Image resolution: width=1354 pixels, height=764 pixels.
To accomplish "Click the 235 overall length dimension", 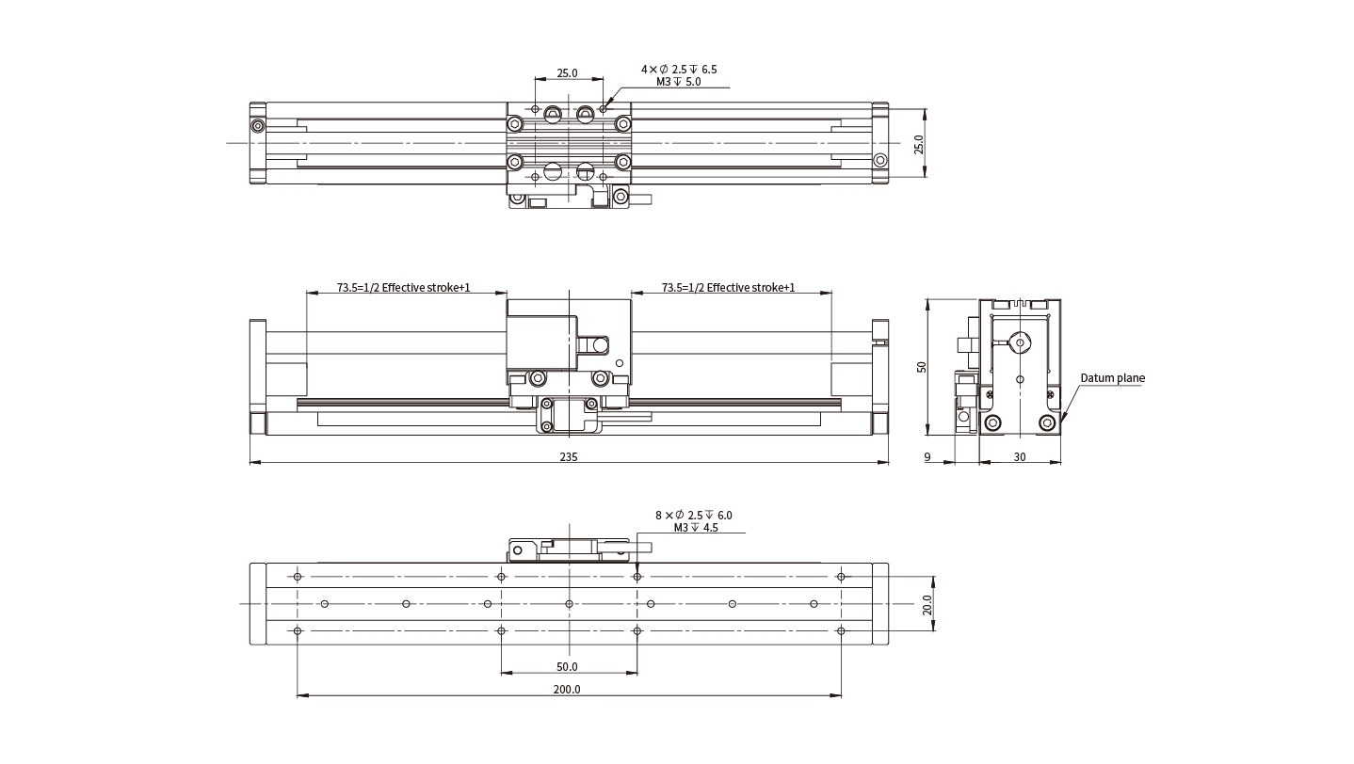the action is coord(568,456).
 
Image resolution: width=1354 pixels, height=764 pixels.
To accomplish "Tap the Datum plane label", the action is coord(1112,378).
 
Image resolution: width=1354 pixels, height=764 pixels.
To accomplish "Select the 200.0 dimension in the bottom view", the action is coord(567,689).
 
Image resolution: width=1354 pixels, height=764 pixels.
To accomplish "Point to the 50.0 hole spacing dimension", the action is coord(567,667).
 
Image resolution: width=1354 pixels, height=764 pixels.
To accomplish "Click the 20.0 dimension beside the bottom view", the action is coord(927,604).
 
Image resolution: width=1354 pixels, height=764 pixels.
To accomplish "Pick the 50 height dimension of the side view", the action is coord(921,367).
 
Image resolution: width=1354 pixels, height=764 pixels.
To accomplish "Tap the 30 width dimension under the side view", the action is coord(1020,457).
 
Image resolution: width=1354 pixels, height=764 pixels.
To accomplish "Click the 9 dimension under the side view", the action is coord(927,457).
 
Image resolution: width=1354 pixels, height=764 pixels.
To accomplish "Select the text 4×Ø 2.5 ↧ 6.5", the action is coord(679,70).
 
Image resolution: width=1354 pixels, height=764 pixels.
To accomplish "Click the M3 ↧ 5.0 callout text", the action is coord(678,82).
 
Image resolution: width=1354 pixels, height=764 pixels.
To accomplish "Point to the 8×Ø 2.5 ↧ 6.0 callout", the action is coord(694,516).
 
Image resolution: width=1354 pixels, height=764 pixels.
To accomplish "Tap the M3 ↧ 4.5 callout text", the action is coord(696,528).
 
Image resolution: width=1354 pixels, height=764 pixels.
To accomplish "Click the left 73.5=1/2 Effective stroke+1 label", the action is coord(403,288).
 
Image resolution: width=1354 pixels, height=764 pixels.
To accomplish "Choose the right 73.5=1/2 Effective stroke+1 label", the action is coord(729,288).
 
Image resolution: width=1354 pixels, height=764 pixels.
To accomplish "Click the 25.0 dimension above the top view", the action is coord(567,73).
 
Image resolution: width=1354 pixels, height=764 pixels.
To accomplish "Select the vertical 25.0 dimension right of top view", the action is coord(919,144).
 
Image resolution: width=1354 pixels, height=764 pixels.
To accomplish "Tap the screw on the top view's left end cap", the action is coord(258,126).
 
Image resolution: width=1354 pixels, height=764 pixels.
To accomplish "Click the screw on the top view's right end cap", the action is coord(880,160).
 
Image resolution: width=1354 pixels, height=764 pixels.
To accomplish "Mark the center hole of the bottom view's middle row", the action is coord(569,603).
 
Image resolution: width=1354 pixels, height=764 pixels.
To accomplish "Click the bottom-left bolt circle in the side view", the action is coord(992,422).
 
